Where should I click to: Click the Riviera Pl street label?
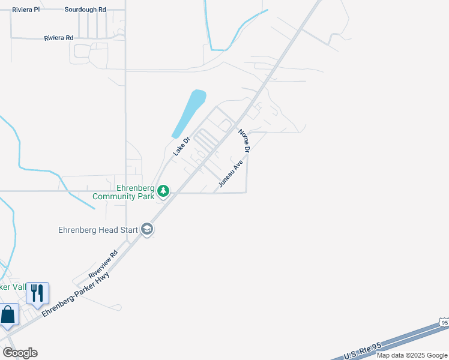click(26, 10)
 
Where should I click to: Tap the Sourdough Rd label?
click(85, 10)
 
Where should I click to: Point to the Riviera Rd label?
click(59, 38)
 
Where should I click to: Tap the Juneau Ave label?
click(231, 173)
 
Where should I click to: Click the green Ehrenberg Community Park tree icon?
click(163, 192)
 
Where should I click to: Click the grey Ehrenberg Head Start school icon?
click(147, 229)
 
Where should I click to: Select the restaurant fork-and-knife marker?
click(37, 294)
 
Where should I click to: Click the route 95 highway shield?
click(443, 323)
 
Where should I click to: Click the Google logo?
click(20, 353)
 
